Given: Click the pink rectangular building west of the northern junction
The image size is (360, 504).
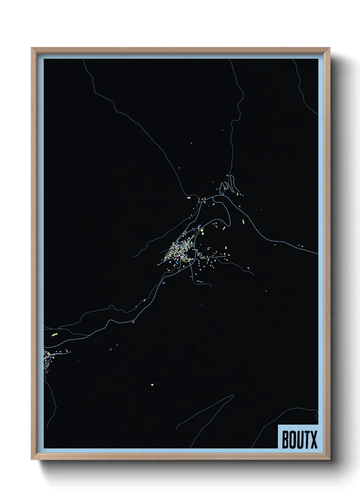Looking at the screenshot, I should tap(189, 198).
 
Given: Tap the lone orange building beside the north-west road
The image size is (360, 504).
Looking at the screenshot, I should tap(179, 168).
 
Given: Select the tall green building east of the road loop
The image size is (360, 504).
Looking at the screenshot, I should tap(243, 221).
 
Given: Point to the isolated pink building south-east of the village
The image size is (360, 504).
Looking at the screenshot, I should tap(248, 269).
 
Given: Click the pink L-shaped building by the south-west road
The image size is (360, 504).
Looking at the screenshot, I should tap(134, 321).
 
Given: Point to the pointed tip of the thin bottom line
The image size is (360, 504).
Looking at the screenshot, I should tap(233, 395).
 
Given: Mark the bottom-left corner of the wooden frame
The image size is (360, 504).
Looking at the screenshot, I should tap(32, 460).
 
